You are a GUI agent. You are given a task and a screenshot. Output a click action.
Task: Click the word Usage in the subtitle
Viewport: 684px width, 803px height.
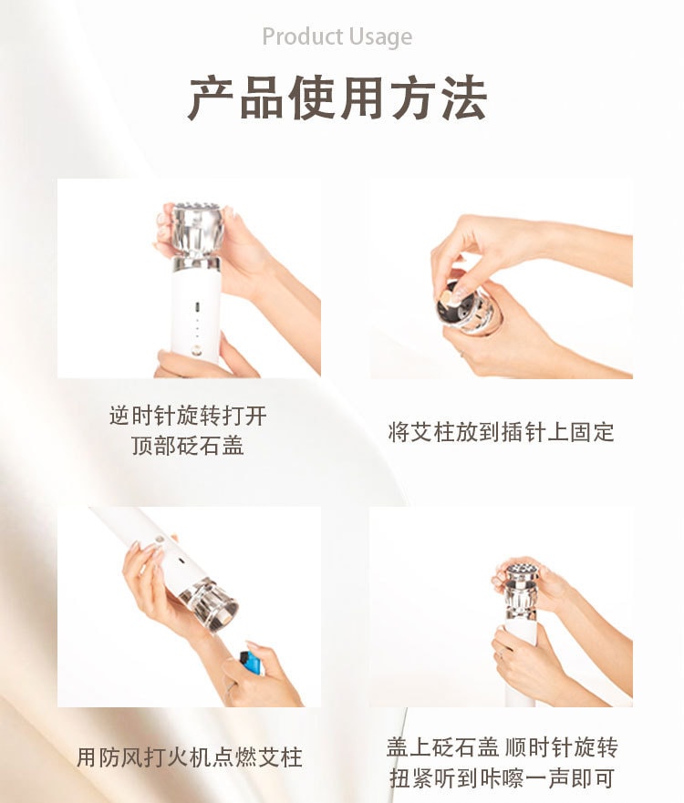(380, 37)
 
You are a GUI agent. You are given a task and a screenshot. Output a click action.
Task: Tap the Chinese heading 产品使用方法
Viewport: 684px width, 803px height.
(337, 98)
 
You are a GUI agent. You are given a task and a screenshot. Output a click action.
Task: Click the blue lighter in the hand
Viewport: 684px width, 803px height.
(252, 660)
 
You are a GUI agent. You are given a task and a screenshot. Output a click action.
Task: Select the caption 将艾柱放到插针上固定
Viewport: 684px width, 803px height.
(502, 431)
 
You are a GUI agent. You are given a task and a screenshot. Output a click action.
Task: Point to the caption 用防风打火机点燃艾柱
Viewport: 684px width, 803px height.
(189, 757)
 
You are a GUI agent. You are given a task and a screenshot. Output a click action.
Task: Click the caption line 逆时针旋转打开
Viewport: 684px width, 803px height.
(188, 416)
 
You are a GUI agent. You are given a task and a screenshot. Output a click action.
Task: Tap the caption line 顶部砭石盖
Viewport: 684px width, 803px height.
(188, 446)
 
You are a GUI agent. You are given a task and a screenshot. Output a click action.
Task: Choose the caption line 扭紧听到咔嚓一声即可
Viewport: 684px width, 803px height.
(502, 778)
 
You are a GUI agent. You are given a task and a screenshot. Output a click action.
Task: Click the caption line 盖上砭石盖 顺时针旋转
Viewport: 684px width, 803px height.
(502, 748)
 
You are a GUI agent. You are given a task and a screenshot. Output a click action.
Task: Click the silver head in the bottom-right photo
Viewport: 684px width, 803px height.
(521, 587)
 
